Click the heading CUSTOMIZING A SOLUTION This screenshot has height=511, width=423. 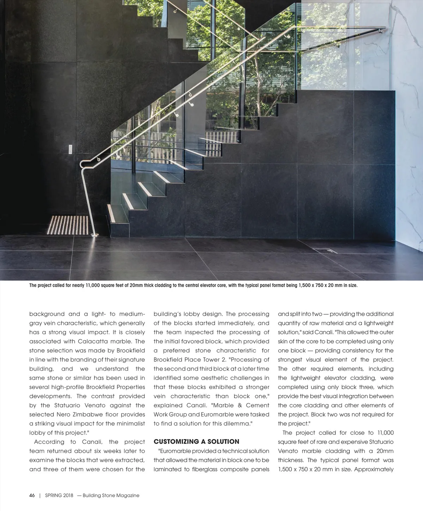tap(196, 442)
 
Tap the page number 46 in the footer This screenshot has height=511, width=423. tap(32, 495)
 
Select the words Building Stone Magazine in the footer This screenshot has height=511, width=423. tap(111, 495)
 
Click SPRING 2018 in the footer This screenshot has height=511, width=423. tap(59, 495)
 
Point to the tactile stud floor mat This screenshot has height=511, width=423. tap(68, 225)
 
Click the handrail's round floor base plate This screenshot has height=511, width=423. tap(94, 235)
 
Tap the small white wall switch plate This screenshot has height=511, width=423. tap(71, 149)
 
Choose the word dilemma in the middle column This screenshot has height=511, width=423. tap(237, 424)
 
